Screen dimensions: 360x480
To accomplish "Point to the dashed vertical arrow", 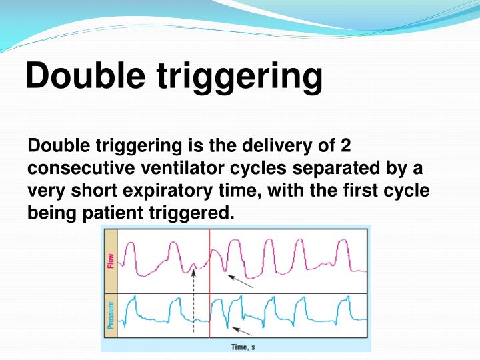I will (x=193, y=300).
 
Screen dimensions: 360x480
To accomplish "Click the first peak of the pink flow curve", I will (x=130, y=246).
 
